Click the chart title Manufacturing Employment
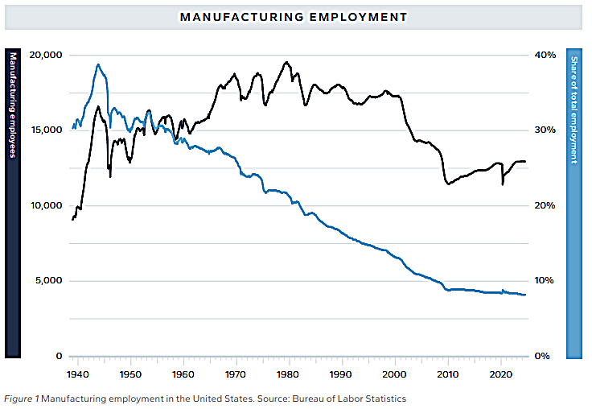pyautogui.click(x=293, y=16)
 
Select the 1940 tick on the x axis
pyautogui.click(x=77, y=374)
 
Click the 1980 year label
pyautogui.click(x=289, y=374)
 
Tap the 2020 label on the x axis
pyautogui.click(x=500, y=374)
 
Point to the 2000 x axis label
pyautogui.click(x=394, y=374)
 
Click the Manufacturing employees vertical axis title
pyautogui.click(x=12, y=105)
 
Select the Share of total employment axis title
pyautogui.click(x=574, y=110)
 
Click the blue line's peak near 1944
pyautogui.click(x=97, y=64)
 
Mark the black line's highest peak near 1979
pyautogui.click(x=286, y=62)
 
